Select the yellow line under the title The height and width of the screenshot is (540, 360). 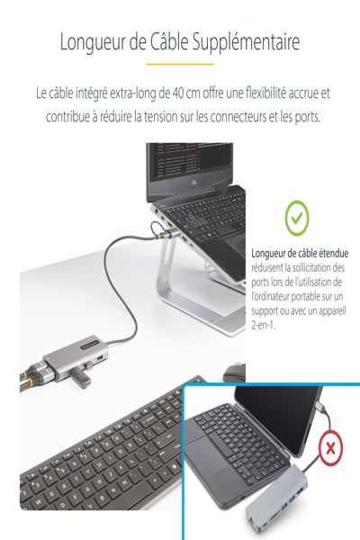pos(179,65)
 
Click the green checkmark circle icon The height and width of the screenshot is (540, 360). pos(297,216)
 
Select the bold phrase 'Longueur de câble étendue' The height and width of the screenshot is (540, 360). pos(300,253)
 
